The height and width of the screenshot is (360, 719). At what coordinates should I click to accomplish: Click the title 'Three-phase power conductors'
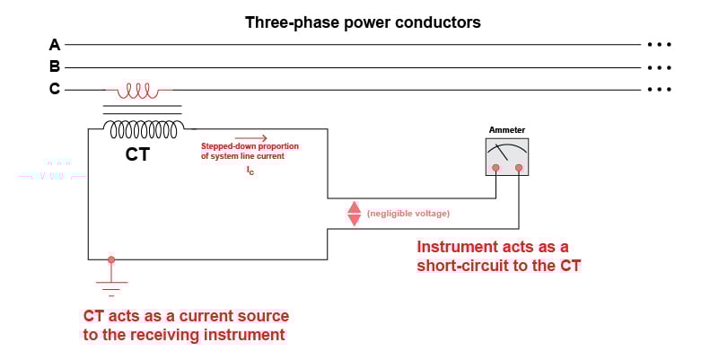point(363,22)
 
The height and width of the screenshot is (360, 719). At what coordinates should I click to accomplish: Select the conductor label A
point(55,44)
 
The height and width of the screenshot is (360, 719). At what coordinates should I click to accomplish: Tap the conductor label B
point(55,66)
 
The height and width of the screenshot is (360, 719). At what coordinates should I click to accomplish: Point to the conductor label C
point(55,89)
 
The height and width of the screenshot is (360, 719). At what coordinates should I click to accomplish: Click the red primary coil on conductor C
point(138,91)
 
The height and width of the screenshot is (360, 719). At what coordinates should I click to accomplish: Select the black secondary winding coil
point(144,129)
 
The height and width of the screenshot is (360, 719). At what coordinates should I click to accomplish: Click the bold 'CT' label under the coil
point(137,154)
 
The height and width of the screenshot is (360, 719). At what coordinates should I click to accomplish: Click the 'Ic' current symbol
point(250,170)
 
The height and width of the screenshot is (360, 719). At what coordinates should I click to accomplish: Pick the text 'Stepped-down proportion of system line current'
point(250,151)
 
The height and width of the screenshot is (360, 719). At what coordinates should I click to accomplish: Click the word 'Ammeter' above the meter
point(506,130)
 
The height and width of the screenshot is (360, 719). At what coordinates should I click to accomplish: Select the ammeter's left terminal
point(495,167)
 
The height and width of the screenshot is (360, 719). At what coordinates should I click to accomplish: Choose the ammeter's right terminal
point(519,167)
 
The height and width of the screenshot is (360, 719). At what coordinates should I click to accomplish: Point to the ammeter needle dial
point(506,152)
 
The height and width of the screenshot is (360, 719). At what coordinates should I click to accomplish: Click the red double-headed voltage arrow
point(354,213)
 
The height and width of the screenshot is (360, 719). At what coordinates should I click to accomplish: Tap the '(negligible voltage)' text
point(408,213)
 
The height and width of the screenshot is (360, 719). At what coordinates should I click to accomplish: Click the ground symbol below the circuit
point(111,287)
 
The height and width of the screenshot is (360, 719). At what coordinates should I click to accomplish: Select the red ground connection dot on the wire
point(111,259)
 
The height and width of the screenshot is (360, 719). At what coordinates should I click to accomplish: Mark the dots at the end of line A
point(659,44)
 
